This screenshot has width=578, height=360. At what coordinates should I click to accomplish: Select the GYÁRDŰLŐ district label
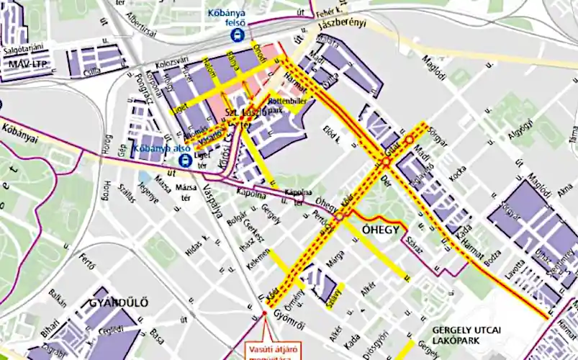tap(119, 302)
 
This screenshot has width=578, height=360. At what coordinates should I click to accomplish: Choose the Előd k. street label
tap(332, 132)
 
